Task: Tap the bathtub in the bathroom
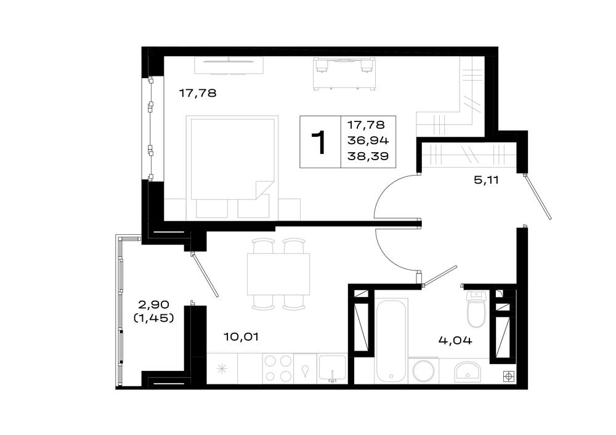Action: coord(391,340)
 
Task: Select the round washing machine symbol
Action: coord(424,370)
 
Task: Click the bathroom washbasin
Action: coord(468,372)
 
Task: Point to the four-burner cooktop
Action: coord(278,368)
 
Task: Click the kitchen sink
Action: coord(333,368)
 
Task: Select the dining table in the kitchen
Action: coord(278,274)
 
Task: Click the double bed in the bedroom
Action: coord(232,166)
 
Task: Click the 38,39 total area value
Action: coord(368,157)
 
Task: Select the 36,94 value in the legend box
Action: coord(368,140)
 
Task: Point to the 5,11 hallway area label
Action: coord(487,181)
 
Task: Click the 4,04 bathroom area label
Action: coord(455,340)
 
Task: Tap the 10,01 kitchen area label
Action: coord(241,337)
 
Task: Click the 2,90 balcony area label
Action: coord(153,304)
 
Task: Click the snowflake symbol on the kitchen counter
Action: coord(222,368)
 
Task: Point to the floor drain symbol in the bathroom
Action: coord(509,377)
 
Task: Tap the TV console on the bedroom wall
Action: coord(229,66)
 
